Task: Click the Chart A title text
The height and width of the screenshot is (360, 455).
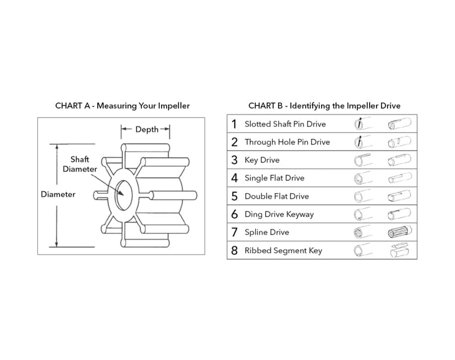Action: [x=122, y=106]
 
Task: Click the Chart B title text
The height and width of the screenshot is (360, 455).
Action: [x=324, y=106]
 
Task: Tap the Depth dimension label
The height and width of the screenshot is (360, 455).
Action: [x=147, y=129]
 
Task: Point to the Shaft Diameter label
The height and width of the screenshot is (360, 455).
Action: [x=80, y=164]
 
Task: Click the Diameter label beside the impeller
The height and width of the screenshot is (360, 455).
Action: [x=58, y=194]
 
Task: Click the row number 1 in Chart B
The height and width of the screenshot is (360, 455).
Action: [x=234, y=124]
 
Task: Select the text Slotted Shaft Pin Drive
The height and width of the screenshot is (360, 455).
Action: [x=285, y=124]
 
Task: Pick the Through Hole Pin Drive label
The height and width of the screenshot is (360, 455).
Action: [x=287, y=142]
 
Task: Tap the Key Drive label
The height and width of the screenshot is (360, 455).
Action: [x=262, y=160]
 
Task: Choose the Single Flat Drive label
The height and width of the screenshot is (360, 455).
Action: [x=274, y=178]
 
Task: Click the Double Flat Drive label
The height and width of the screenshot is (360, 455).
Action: [x=276, y=196]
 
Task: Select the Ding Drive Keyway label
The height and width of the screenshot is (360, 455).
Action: [x=279, y=214]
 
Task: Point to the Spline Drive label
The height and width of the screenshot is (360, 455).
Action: [x=267, y=232]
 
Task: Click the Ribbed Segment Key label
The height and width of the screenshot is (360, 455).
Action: [x=283, y=250]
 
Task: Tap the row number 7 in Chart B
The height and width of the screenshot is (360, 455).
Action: [x=235, y=232]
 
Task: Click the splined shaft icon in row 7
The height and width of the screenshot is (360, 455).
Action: [x=400, y=232]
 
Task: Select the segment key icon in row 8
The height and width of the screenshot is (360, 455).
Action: [x=400, y=250]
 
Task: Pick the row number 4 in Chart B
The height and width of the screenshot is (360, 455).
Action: [x=235, y=178]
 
